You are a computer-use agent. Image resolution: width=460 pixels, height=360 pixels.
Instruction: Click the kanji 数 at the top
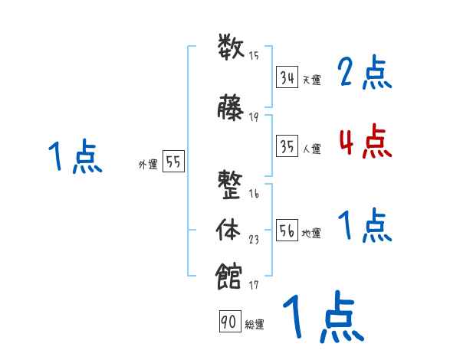pyautogui.click(x=232, y=48)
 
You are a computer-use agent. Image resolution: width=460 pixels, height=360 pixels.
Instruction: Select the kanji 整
pyautogui.click(x=232, y=185)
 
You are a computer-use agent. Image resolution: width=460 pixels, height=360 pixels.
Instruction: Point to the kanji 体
pyautogui.click(x=232, y=230)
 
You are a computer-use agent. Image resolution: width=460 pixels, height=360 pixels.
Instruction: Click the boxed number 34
pyautogui.click(x=287, y=77)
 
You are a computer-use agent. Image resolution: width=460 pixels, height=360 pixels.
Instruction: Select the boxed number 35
pyautogui.click(x=287, y=146)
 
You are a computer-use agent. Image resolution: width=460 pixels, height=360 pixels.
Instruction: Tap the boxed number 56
pyautogui.click(x=287, y=232)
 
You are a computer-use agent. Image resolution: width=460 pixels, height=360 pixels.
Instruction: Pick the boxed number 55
pyautogui.click(x=173, y=162)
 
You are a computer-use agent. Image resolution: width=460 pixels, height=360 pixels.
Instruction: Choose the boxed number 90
pyautogui.click(x=228, y=322)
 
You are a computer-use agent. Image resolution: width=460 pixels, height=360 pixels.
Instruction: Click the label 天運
pyautogui.click(x=311, y=80)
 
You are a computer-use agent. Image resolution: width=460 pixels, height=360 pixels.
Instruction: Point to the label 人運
pyautogui.click(x=311, y=149)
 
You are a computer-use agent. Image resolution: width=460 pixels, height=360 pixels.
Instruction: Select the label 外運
pyautogui.click(x=148, y=164)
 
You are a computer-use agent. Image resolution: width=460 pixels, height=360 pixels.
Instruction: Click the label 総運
pyautogui.click(x=255, y=325)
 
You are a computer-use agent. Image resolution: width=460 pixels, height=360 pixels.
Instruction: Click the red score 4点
pyautogui.click(x=365, y=142)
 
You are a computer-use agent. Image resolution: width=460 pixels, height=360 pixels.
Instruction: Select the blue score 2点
pyautogui.click(x=365, y=74)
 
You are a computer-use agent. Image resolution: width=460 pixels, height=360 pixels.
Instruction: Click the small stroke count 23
pyautogui.click(x=254, y=240)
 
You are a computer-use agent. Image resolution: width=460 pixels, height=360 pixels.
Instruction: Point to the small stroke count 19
pyautogui.click(x=254, y=116)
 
